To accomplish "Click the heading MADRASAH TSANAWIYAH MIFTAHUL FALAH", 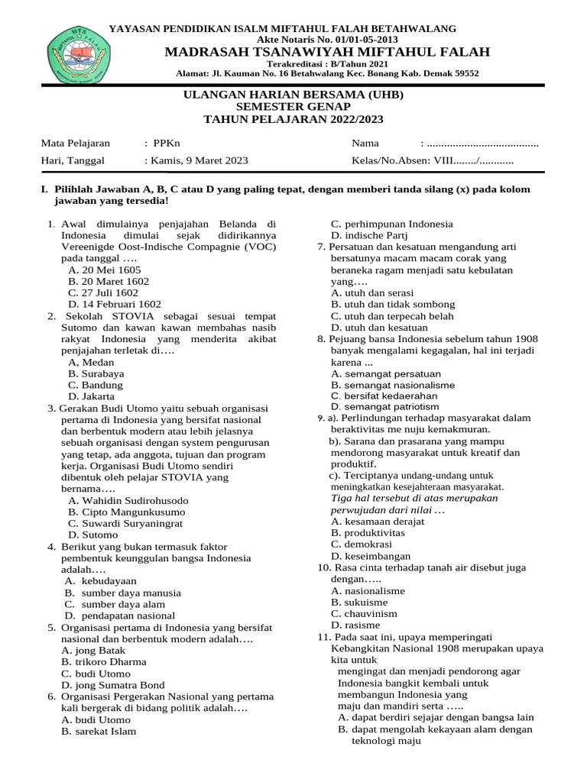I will (x=324, y=52).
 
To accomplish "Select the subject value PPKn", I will (x=167, y=143).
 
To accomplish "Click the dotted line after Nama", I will (x=482, y=143).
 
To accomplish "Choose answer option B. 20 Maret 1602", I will (x=109, y=281).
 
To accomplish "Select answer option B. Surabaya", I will (x=96, y=374).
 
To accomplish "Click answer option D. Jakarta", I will (x=92, y=397).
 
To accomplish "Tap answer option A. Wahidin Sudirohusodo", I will (x=128, y=501).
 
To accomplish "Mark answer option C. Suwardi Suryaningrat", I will (x=130, y=524).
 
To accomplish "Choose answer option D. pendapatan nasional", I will (x=120, y=616).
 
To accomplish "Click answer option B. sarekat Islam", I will (x=99, y=731).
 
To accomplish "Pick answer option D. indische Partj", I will (x=370, y=236).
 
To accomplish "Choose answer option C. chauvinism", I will (x=364, y=613).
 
